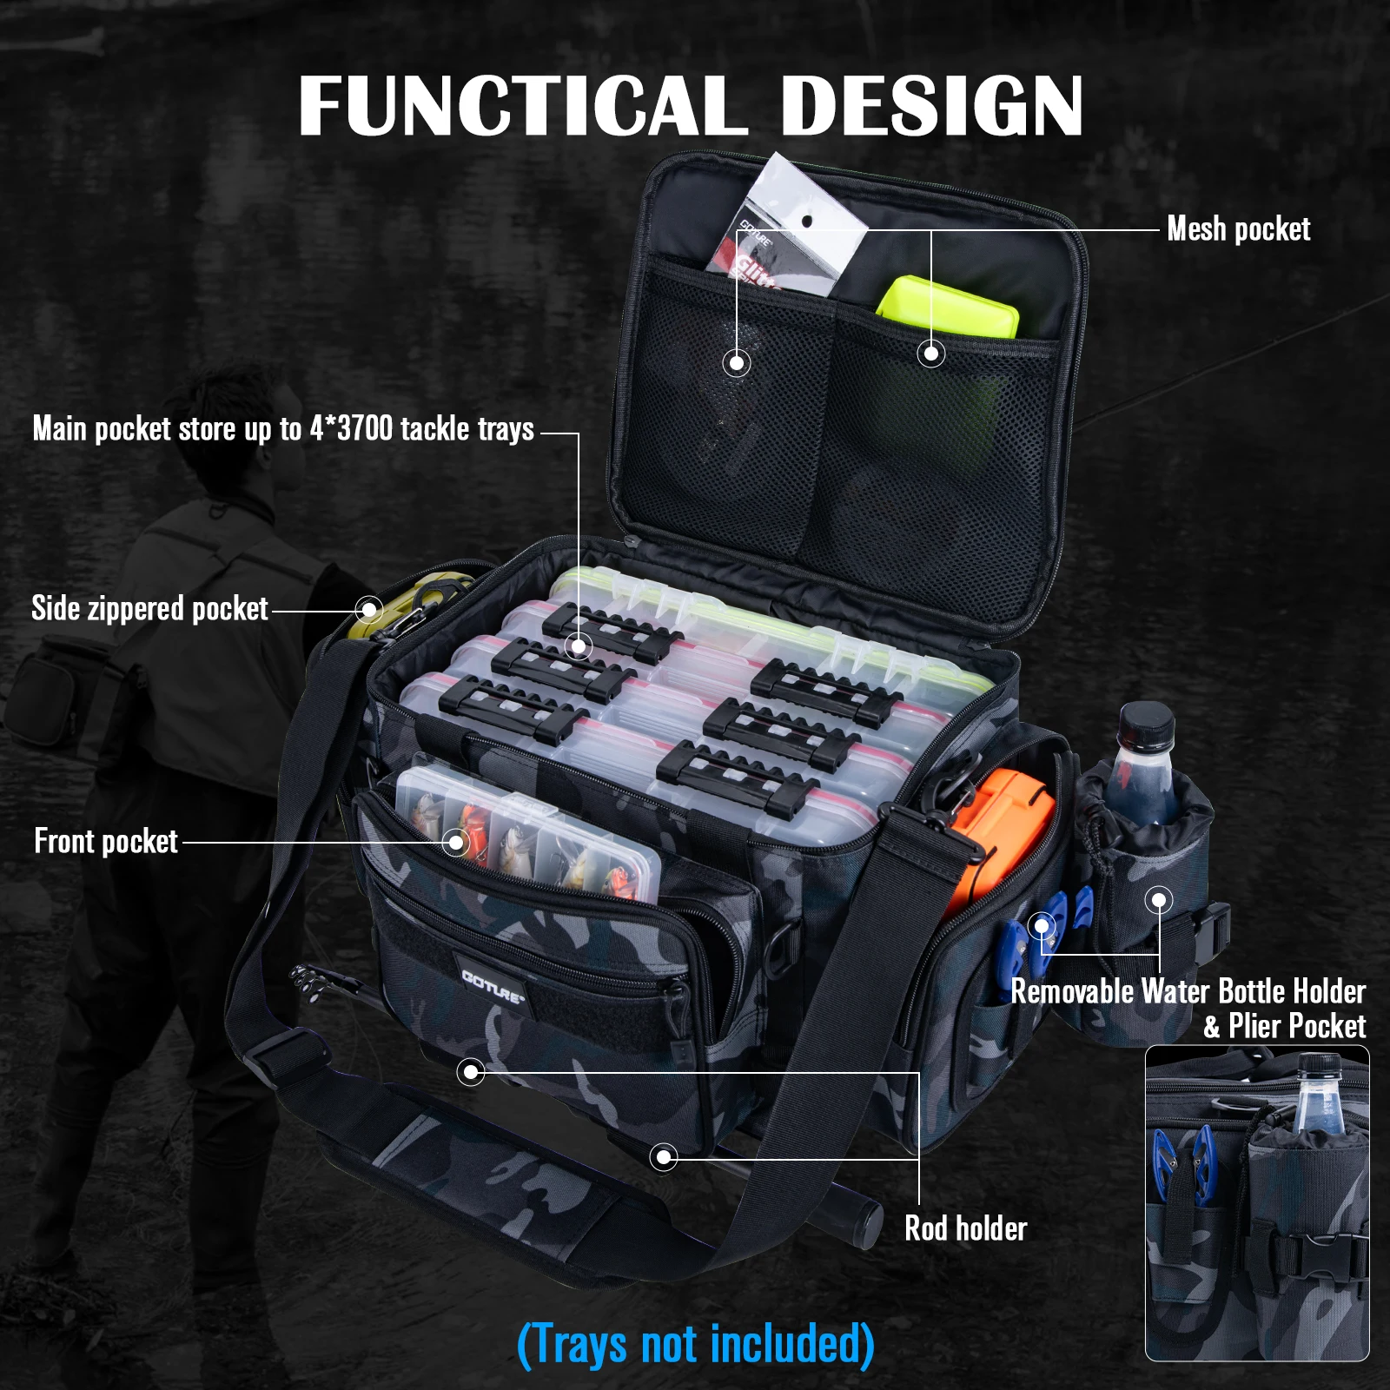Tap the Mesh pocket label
pyautogui.click(x=1238, y=229)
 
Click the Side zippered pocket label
pyautogui.click(x=149, y=609)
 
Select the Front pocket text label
pyautogui.click(x=106, y=842)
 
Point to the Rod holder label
pyautogui.click(x=965, y=1228)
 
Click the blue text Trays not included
pyautogui.click(x=695, y=1345)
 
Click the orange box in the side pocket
pyautogui.click(x=999, y=825)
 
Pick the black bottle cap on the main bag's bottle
pyautogui.click(x=1146, y=724)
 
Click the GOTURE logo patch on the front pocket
pyautogui.click(x=493, y=986)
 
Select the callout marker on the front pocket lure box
pyautogui.click(x=455, y=841)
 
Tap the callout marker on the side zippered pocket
pyautogui.click(x=369, y=609)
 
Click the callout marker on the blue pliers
pyautogui.click(x=1041, y=926)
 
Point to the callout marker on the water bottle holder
pyautogui.click(x=1159, y=900)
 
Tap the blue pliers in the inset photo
pyautogui.click(x=1181, y=1164)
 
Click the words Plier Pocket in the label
pyautogui.click(x=1297, y=1027)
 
